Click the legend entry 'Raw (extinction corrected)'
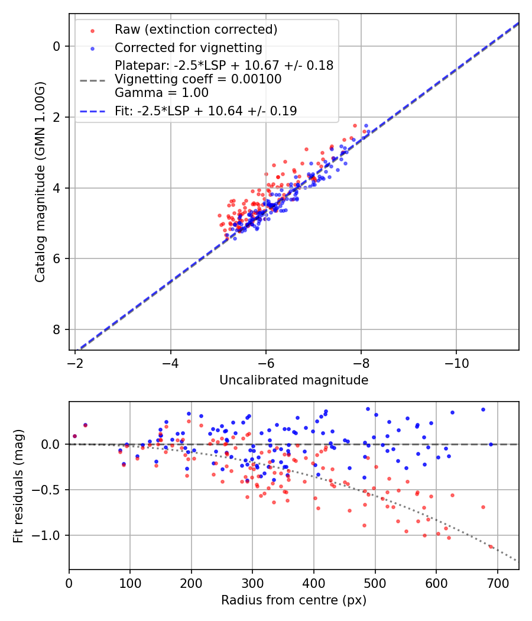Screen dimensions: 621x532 (196, 30)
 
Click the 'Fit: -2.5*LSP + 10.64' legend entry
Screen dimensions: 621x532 (206, 111)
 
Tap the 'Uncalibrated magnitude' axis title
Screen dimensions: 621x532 (294, 380)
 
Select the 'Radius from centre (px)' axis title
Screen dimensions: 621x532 (294, 600)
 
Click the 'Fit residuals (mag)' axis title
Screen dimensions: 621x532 (18, 486)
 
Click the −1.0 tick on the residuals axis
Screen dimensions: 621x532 (50, 535)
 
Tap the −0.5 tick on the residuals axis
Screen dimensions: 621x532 (50, 490)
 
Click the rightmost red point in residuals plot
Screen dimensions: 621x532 (491, 546)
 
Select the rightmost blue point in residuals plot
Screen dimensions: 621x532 (491, 444)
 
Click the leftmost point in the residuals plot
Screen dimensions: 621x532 (74, 436)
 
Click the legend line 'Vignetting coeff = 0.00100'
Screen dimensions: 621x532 (198, 79)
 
